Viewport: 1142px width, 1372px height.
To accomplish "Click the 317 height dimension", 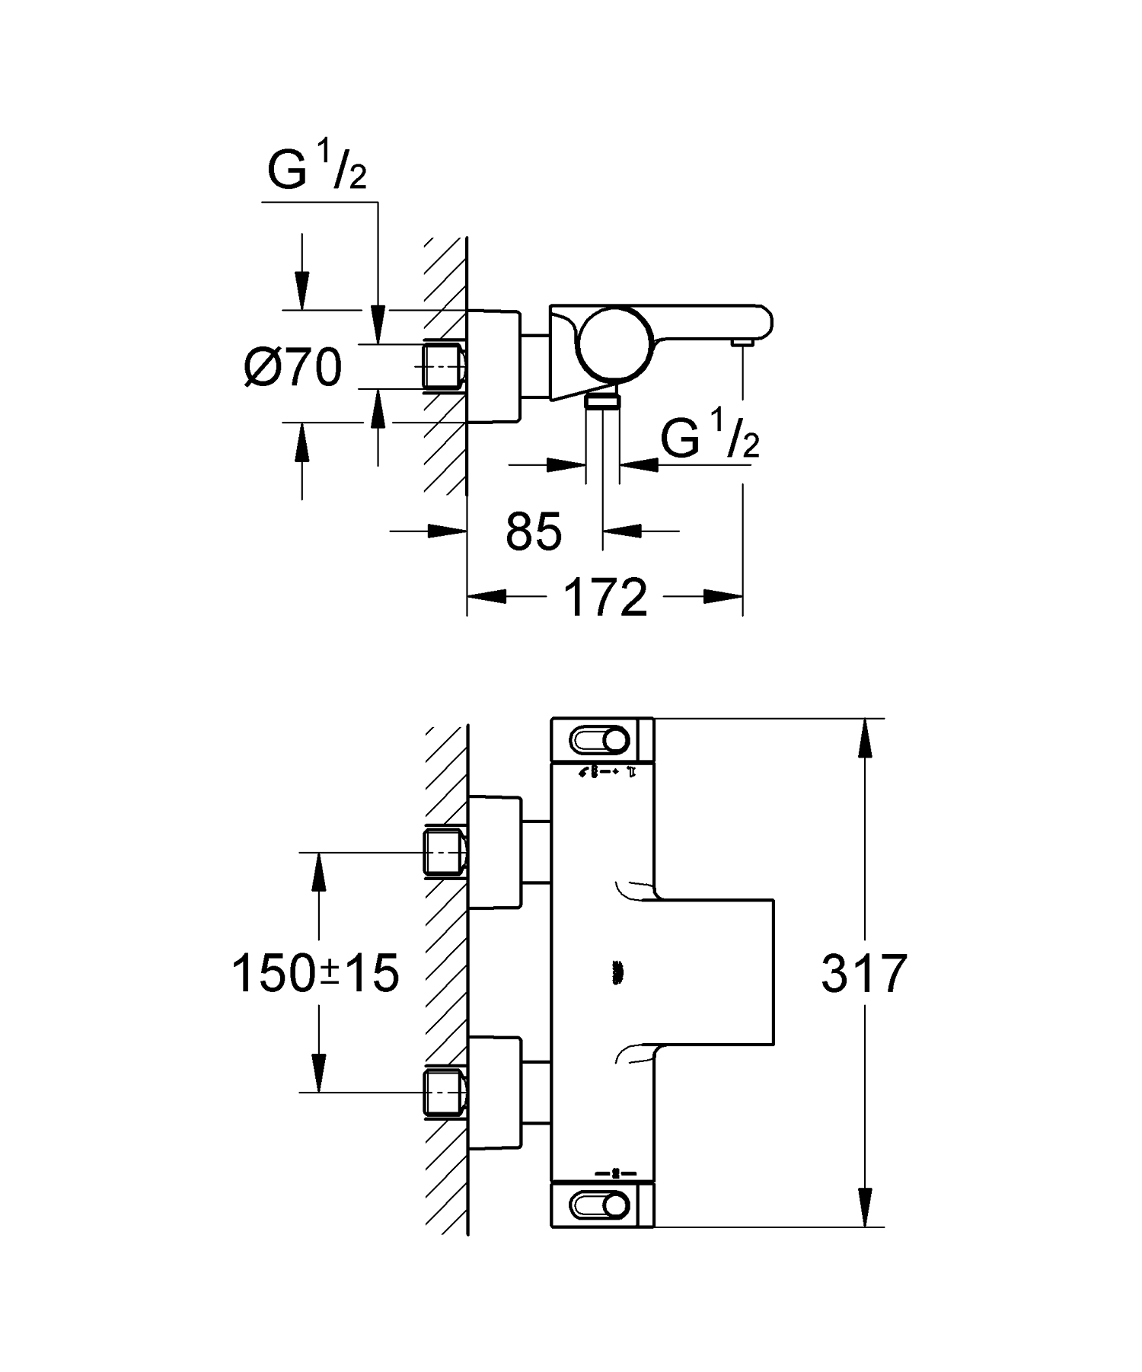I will pos(863,973).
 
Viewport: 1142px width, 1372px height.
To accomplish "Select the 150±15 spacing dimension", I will pos(315,973).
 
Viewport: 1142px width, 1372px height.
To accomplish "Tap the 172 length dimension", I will pos(605,598).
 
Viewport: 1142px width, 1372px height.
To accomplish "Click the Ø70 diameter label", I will pos(294,368).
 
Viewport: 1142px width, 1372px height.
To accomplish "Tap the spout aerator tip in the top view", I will pos(742,344).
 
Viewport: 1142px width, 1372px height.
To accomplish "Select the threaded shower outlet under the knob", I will pos(603,401).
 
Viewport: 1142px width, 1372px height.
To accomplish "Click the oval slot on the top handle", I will pos(600,739).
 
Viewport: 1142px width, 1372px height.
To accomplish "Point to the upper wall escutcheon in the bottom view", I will pos(495,852).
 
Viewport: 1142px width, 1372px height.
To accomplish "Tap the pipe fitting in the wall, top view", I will pos(444,367).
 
